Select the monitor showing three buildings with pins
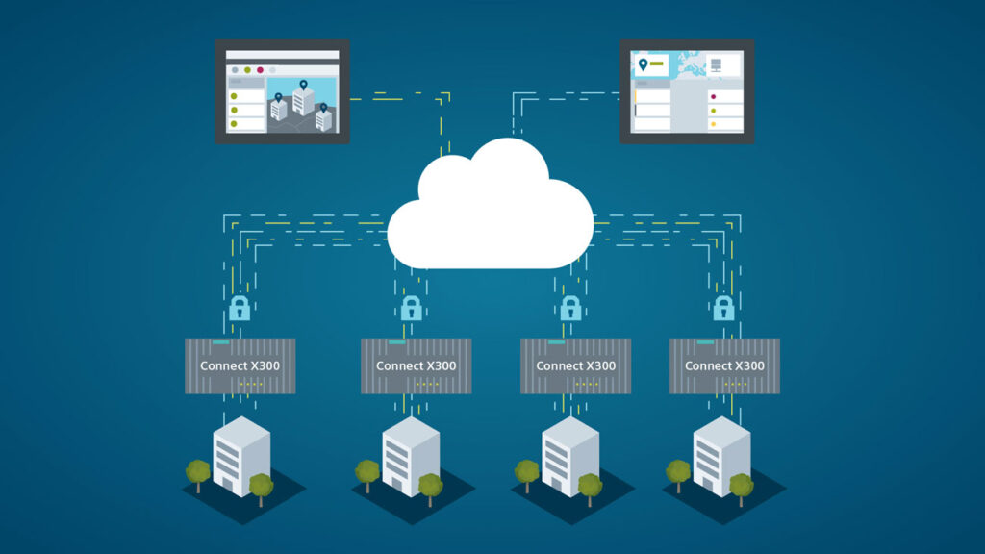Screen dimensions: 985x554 click(283, 91)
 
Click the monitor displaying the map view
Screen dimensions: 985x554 click(687, 91)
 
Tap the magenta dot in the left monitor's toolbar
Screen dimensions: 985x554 click(260, 70)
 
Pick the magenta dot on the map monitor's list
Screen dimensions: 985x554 click(713, 97)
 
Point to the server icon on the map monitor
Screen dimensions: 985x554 click(716, 64)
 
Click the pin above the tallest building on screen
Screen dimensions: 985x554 click(303, 85)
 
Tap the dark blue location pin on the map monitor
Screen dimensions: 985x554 click(643, 64)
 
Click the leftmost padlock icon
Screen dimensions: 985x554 click(240, 309)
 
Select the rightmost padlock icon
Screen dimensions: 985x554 click(723, 309)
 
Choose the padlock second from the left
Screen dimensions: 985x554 click(412, 309)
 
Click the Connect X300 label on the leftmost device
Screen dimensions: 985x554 click(240, 365)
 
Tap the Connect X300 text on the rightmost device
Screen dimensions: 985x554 click(724, 365)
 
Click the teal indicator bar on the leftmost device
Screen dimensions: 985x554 click(221, 342)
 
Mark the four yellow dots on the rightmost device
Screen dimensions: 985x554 click(736, 384)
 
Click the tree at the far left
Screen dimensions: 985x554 click(198, 474)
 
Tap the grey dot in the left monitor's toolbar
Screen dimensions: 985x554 click(235, 70)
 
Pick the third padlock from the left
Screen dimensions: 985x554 click(570, 309)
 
